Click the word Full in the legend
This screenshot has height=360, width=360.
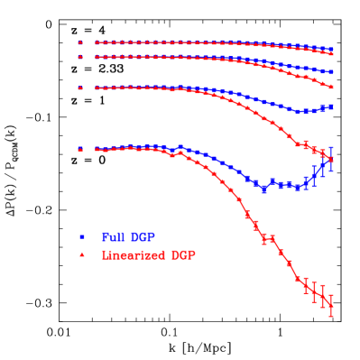[x=112, y=236]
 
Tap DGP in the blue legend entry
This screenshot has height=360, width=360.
[x=142, y=236]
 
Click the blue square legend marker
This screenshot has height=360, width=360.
[x=81, y=236]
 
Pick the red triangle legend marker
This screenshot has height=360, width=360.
[x=81, y=255]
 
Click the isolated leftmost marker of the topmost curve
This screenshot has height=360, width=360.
[x=80, y=42]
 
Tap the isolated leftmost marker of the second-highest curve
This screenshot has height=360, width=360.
[x=80, y=56]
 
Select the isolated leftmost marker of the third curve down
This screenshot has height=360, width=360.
[x=80, y=88]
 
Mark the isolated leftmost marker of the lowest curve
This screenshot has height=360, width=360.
[x=80, y=149]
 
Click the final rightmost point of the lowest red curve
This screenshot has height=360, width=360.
[x=331, y=306]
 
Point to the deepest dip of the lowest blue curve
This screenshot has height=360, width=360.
[x=263, y=189]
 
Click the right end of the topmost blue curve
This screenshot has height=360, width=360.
[x=331, y=50]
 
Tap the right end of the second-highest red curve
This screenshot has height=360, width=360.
[x=331, y=87]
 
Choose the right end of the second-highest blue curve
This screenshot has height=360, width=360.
[x=331, y=71]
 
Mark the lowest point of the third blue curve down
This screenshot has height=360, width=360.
[x=298, y=112]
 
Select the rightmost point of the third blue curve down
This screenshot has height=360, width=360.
[x=331, y=106]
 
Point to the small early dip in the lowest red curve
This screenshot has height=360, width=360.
[x=172, y=155]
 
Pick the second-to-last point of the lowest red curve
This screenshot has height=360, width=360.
[x=323, y=298]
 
